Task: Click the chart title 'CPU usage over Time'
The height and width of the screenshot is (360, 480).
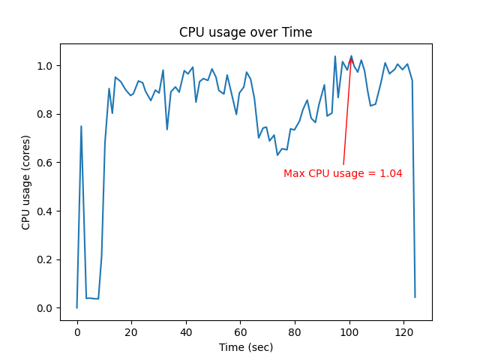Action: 245,32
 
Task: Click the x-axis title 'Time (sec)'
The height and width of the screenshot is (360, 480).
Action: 245,347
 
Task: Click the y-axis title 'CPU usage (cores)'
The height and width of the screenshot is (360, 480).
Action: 25,182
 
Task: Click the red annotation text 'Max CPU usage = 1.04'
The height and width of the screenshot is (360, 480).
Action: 343,173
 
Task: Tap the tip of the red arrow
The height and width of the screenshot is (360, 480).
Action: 351,57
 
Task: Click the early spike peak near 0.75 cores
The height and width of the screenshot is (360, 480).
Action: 81,126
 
